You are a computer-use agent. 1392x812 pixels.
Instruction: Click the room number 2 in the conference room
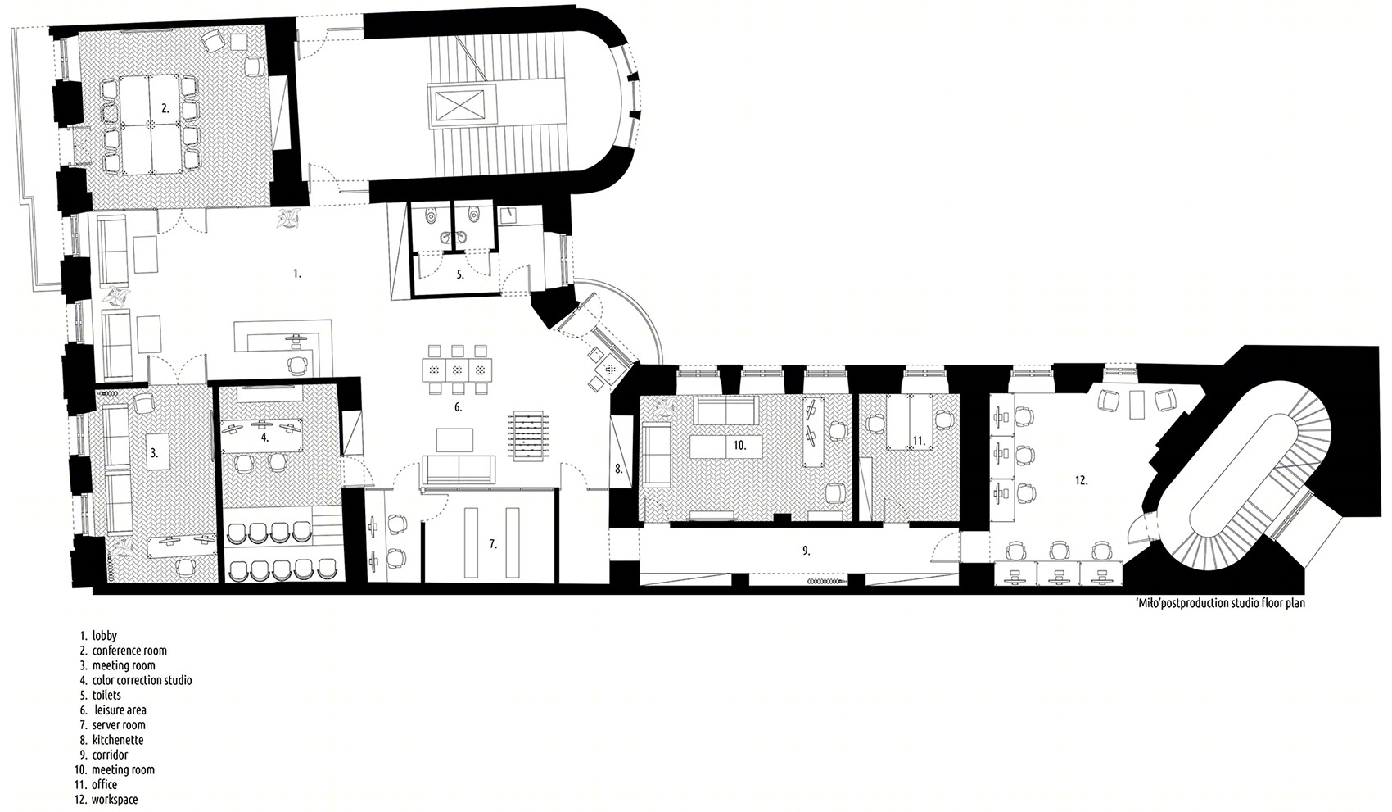pyautogui.click(x=165, y=108)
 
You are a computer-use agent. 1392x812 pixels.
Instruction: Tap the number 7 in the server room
pyautogui.click(x=493, y=545)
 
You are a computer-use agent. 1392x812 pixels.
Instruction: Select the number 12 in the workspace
pyautogui.click(x=1082, y=480)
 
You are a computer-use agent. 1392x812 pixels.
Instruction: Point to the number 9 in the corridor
pyautogui.click(x=806, y=551)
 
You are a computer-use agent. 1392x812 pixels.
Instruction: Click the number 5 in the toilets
pyautogui.click(x=460, y=274)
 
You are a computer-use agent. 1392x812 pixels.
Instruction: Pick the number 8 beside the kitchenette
pyautogui.click(x=619, y=470)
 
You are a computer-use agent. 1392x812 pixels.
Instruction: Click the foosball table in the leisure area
pyautogui.click(x=528, y=434)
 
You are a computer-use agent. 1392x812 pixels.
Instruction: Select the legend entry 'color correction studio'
pyautogui.click(x=142, y=680)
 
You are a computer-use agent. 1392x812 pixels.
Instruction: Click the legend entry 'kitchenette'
pyautogui.click(x=118, y=740)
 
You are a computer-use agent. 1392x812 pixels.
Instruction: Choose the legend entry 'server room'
pyautogui.click(x=119, y=725)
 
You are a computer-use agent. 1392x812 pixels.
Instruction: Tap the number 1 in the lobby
pyautogui.click(x=297, y=274)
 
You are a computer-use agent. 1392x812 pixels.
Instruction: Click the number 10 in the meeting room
pyautogui.click(x=739, y=445)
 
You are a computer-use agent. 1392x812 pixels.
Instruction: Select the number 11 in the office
pyautogui.click(x=919, y=442)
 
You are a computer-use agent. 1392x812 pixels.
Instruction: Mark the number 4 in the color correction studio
pyautogui.click(x=264, y=438)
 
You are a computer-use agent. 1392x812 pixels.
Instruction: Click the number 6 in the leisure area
pyautogui.click(x=458, y=407)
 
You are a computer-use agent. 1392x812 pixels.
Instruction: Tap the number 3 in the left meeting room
pyautogui.click(x=154, y=453)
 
